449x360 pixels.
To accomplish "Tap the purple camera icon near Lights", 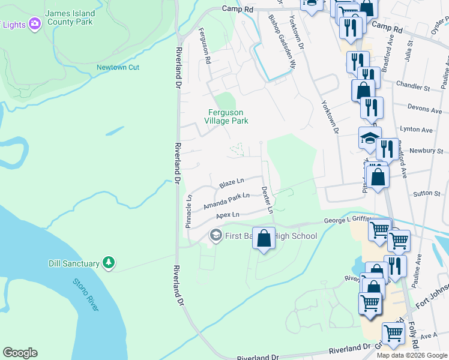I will [35, 23].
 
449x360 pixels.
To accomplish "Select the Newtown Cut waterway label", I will [118, 67].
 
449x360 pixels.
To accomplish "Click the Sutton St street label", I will [427, 194].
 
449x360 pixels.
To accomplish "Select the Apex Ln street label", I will [228, 215].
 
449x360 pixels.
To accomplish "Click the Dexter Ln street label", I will [267, 199].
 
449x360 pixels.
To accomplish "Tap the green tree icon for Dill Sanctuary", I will [108, 262].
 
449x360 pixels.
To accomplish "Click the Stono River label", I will [85, 294].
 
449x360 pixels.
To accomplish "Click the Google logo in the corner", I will [20, 353].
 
